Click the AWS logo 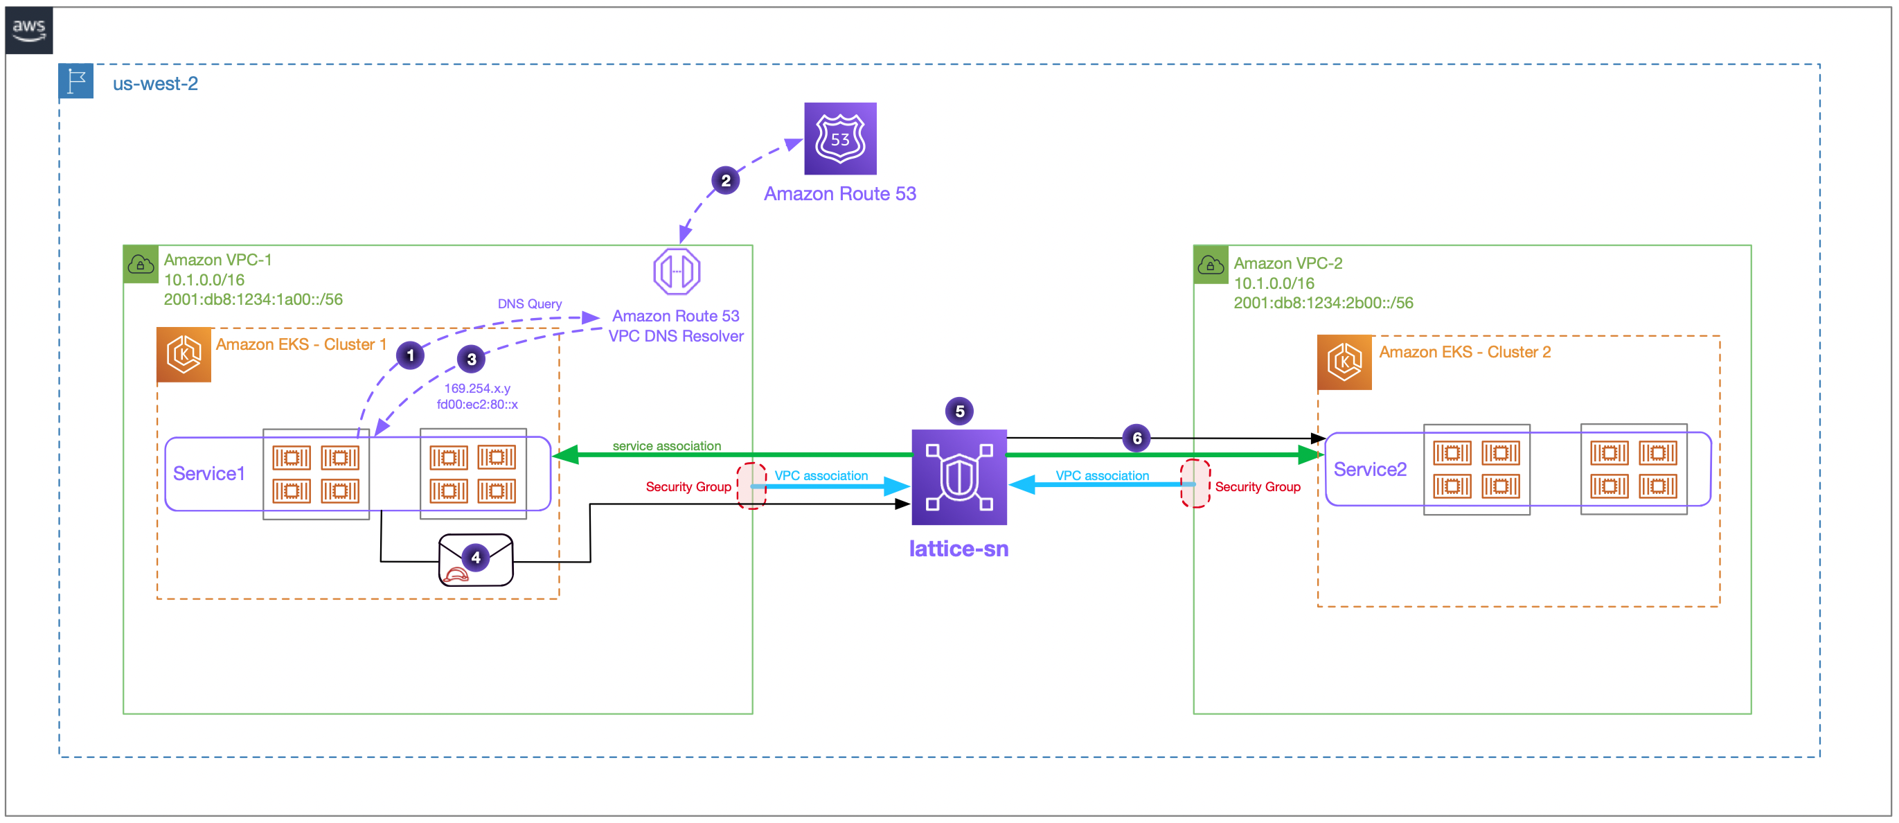pyautogui.click(x=29, y=30)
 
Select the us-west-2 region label pyautogui.click(x=155, y=83)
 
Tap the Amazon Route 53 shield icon pyautogui.click(x=839, y=139)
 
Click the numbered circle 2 pyautogui.click(x=725, y=181)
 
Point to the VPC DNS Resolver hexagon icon pyautogui.click(x=676, y=272)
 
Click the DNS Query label pyautogui.click(x=528, y=304)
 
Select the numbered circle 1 pyautogui.click(x=410, y=355)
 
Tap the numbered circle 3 pyautogui.click(x=471, y=359)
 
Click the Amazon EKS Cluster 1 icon pyautogui.click(x=184, y=355)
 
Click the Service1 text pyautogui.click(x=208, y=473)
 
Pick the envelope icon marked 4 pyautogui.click(x=476, y=560)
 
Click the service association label pyautogui.click(x=666, y=445)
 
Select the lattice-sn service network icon pyautogui.click(x=959, y=477)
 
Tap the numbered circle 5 pyautogui.click(x=959, y=411)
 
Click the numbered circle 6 pyautogui.click(x=1136, y=438)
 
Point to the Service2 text pyautogui.click(x=1370, y=469)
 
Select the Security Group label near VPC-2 pyautogui.click(x=1257, y=487)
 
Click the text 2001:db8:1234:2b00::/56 pyautogui.click(x=1323, y=302)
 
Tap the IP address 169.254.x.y pyautogui.click(x=477, y=388)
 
